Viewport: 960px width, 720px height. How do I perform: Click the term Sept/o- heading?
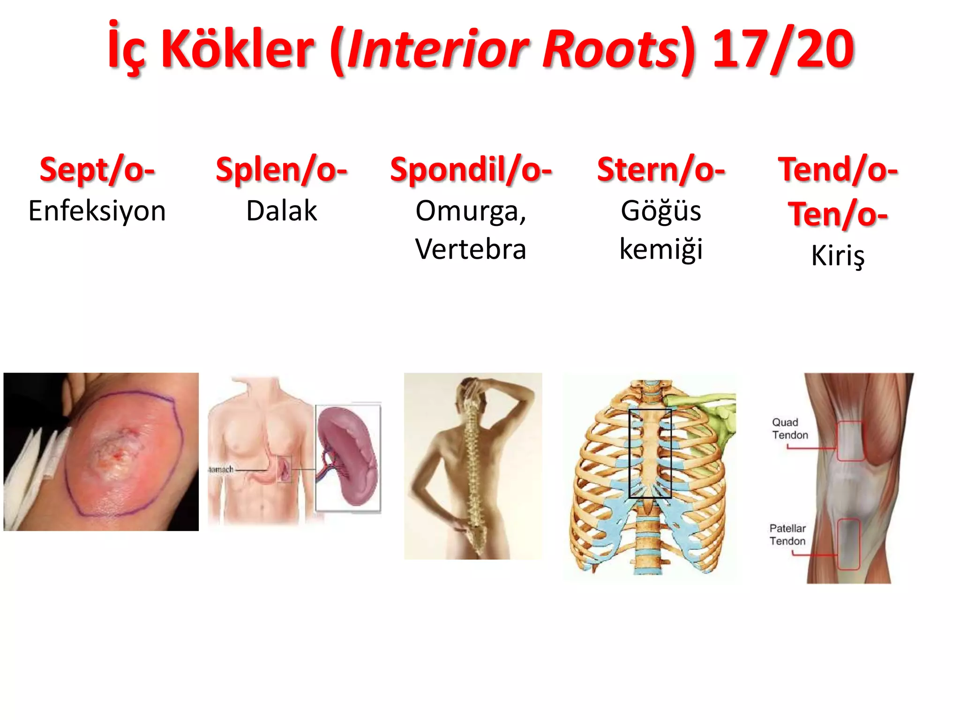(97, 170)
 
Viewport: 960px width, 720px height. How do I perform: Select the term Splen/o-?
(281, 170)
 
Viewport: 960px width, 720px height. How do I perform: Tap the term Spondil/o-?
(471, 170)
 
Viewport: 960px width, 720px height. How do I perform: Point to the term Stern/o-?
(660, 170)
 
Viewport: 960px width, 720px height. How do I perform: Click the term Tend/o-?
(838, 170)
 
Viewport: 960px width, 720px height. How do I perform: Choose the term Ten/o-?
(838, 214)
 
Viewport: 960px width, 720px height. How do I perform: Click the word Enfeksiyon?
(97, 211)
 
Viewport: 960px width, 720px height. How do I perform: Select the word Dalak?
(281, 211)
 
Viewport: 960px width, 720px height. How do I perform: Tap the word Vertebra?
(471, 249)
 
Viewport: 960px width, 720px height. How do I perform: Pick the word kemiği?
(660, 249)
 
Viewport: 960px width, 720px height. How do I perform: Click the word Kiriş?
(838, 256)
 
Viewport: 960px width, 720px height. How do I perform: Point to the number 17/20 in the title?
(783, 49)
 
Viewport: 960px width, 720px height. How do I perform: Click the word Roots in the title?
(609, 49)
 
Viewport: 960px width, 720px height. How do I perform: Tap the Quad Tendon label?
(790, 428)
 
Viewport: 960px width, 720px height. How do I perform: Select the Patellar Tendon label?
(787, 534)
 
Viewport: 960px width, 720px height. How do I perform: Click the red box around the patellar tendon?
(848, 544)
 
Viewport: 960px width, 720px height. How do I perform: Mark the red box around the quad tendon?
(850, 441)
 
